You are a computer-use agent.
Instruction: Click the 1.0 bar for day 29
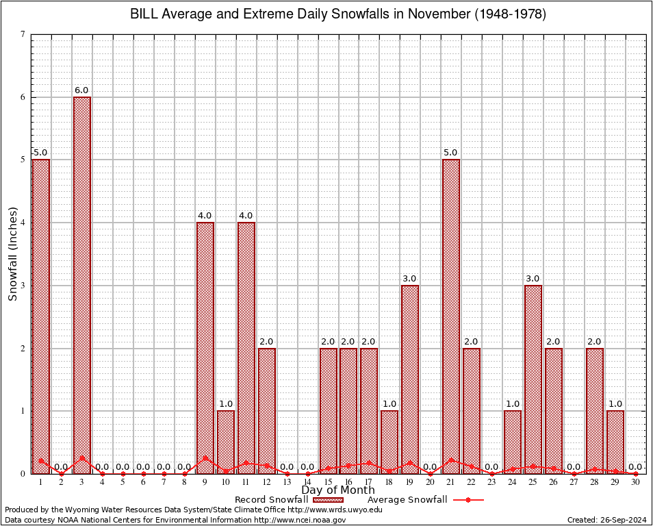click(615, 442)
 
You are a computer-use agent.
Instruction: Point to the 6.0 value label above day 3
click(82, 90)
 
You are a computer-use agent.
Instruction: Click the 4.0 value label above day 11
click(246, 216)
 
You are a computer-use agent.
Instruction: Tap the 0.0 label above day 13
click(287, 467)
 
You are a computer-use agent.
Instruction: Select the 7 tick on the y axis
click(23, 34)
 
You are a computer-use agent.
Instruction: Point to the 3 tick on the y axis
click(23, 286)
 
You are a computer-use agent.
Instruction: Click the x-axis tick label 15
click(328, 482)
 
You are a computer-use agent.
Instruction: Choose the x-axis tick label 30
click(636, 482)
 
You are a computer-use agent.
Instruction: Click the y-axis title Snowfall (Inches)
click(13, 253)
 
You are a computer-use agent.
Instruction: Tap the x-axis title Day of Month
click(338, 490)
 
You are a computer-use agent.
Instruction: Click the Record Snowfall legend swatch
click(329, 500)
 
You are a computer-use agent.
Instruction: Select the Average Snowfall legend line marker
click(468, 500)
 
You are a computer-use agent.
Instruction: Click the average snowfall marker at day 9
click(205, 458)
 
